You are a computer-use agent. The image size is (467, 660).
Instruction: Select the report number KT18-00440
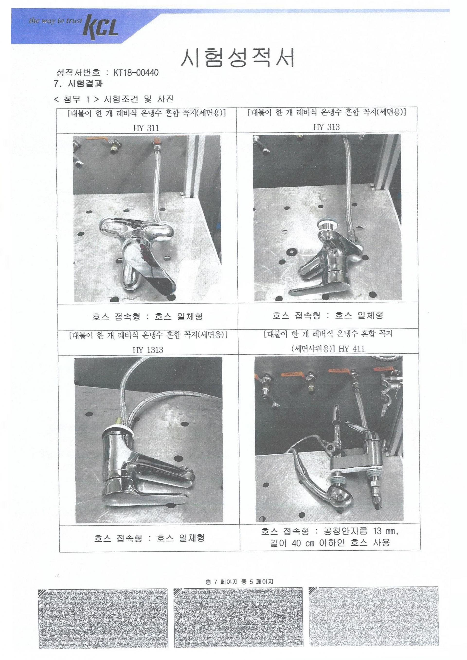coord(136,73)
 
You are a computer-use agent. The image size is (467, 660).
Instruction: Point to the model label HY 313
coord(326,127)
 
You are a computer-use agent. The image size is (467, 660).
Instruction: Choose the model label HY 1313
coord(148,350)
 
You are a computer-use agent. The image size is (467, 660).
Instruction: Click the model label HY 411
coord(351,349)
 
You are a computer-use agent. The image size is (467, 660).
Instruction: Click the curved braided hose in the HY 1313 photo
coord(161,402)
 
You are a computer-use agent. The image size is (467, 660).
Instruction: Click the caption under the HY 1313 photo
coord(149,538)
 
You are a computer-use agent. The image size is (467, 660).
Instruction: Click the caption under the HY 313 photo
coord(328,315)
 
